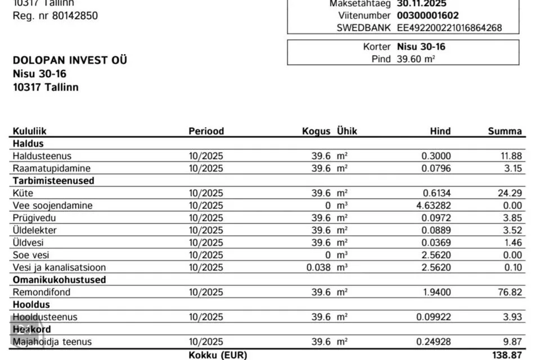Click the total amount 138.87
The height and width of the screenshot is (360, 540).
508,355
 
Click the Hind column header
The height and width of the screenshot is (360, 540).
440,131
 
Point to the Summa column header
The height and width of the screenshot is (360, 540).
505,131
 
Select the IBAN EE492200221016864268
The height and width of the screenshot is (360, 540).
449,28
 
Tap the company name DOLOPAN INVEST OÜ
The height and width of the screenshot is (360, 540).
70,60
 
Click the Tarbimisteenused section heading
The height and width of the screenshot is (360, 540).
53,181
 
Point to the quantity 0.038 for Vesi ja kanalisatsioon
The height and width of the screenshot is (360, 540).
318,267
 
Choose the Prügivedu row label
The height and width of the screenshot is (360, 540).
34,218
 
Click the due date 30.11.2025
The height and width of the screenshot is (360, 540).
422,3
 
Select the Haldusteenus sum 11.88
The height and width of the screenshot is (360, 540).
510,156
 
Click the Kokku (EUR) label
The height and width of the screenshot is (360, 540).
218,355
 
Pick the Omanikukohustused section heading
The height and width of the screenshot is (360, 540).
59,280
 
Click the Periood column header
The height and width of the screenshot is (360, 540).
206,131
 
